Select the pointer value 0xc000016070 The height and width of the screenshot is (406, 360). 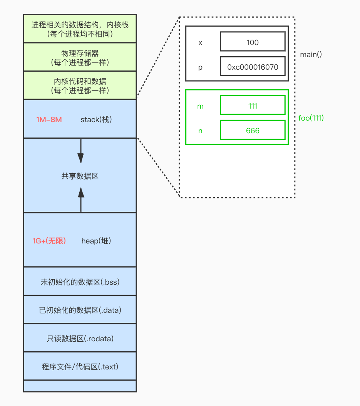[253, 67]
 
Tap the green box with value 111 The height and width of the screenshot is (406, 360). [253, 105]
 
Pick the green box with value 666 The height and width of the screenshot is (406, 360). [253, 130]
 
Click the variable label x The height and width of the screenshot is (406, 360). [200, 42]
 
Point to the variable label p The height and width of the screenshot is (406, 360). [200, 67]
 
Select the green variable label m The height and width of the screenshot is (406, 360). [200, 106]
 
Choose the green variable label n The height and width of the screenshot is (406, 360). [200, 131]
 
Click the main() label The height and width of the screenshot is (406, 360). [311, 54]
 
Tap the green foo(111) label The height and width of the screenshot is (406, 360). [311, 118]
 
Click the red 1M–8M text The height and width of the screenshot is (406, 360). [49, 119]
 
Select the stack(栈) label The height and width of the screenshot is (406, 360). [96, 119]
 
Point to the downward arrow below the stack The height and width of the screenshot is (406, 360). [80, 151]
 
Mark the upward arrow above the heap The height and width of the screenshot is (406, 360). [81, 200]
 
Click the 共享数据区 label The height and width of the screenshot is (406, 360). [80, 176]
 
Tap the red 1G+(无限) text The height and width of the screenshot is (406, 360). [49, 241]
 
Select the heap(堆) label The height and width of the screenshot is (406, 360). [96, 241]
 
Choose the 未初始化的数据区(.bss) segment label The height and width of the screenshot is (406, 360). [80, 282]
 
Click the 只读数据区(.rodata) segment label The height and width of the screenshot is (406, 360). [80, 339]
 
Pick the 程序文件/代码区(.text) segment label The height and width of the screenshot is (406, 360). [80, 366]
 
